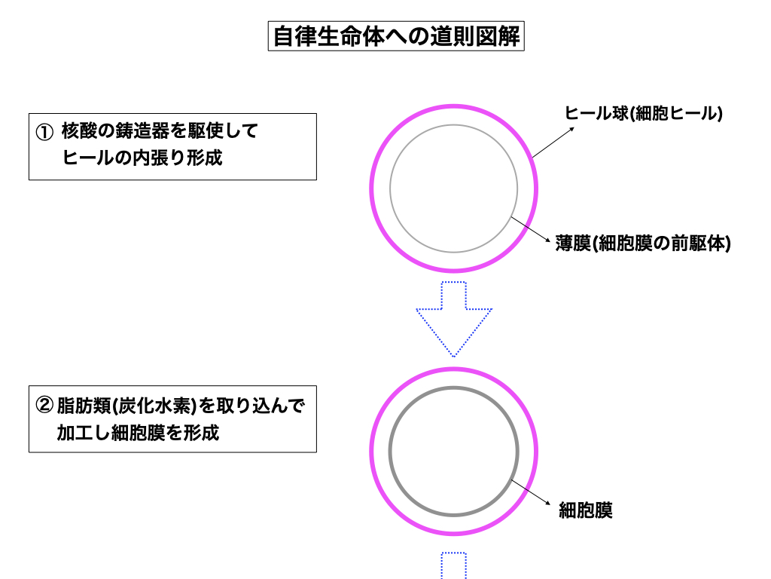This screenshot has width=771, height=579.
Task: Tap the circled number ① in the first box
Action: click(x=44, y=132)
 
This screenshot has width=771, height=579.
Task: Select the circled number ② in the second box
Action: click(x=44, y=406)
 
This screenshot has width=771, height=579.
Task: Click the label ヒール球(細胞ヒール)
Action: click(x=644, y=114)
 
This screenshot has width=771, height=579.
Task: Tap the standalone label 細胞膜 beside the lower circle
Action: click(x=586, y=511)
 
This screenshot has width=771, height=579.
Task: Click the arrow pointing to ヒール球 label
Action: click(x=553, y=142)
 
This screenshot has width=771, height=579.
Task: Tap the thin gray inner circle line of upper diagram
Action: click(x=390, y=188)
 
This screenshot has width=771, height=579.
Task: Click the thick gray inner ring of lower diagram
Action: click(x=390, y=452)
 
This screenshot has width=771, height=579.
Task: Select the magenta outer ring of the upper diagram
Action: click(x=372, y=188)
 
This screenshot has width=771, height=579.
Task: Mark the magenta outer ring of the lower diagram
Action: click(x=372, y=452)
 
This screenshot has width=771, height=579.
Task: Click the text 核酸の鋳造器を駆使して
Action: click(x=160, y=131)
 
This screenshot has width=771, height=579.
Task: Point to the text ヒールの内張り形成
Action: click(x=143, y=158)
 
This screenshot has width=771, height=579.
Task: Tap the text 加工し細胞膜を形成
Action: click(x=138, y=433)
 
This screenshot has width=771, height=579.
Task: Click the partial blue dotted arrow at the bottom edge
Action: click(x=453, y=566)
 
